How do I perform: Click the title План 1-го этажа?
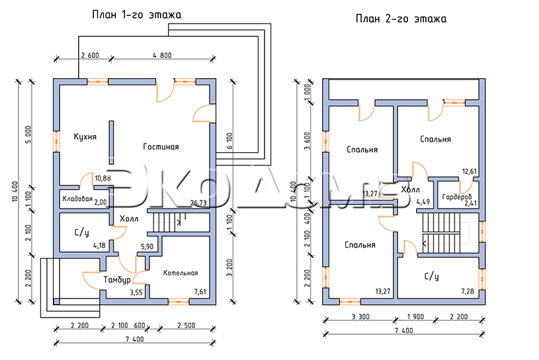tap(136, 15)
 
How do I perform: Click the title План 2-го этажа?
tap(401, 19)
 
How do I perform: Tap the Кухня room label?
tap(85, 137)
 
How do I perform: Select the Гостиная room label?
tap(161, 147)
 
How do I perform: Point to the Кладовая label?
tap(77, 199)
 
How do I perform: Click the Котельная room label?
tap(181, 273)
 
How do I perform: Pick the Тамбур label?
tap(117, 280)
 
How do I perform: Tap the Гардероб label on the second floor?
tap(457, 197)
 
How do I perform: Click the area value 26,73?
tap(198, 203)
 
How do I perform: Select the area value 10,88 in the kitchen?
tap(103, 178)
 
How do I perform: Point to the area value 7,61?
tap(200, 292)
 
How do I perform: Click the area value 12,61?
tap(469, 171)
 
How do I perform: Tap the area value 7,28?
tap(468, 292)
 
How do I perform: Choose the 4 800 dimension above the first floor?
tap(162, 56)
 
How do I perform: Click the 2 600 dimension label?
tap(90, 56)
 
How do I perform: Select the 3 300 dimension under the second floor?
tap(360, 317)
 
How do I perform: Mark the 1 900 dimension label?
tap(415, 317)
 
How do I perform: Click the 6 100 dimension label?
tap(229, 141)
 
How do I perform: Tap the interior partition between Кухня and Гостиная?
tap(111, 142)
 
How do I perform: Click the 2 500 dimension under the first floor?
tap(187, 326)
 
